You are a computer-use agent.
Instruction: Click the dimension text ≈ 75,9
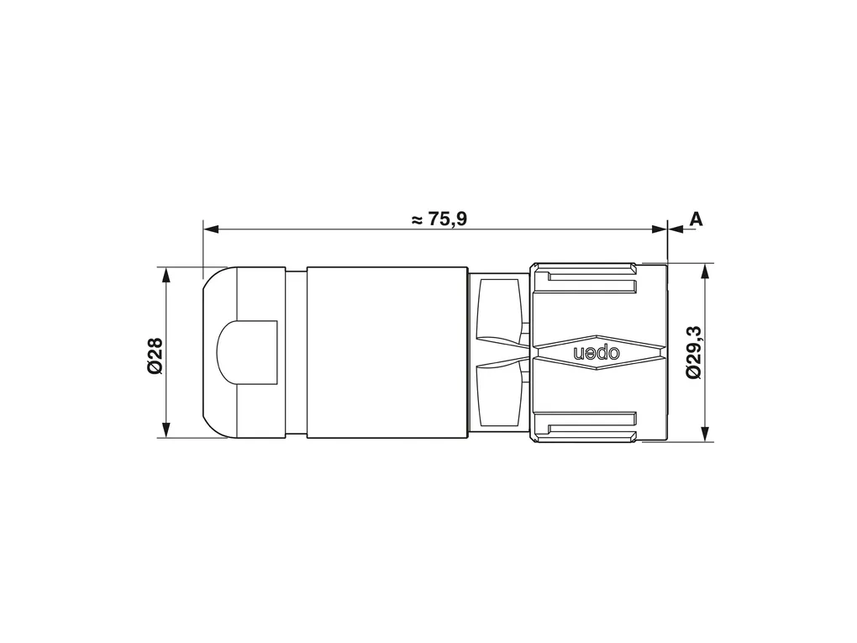point(439,219)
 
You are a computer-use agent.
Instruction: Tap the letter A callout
point(695,219)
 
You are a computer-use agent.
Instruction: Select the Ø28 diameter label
point(155,355)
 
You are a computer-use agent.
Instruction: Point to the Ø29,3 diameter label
point(693,353)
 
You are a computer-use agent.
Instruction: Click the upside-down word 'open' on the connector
point(597,353)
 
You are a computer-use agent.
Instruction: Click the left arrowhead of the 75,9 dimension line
point(210,229)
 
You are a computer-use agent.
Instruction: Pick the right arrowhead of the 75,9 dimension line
point(660,229)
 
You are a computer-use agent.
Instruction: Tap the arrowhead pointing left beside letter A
point(676,229)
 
